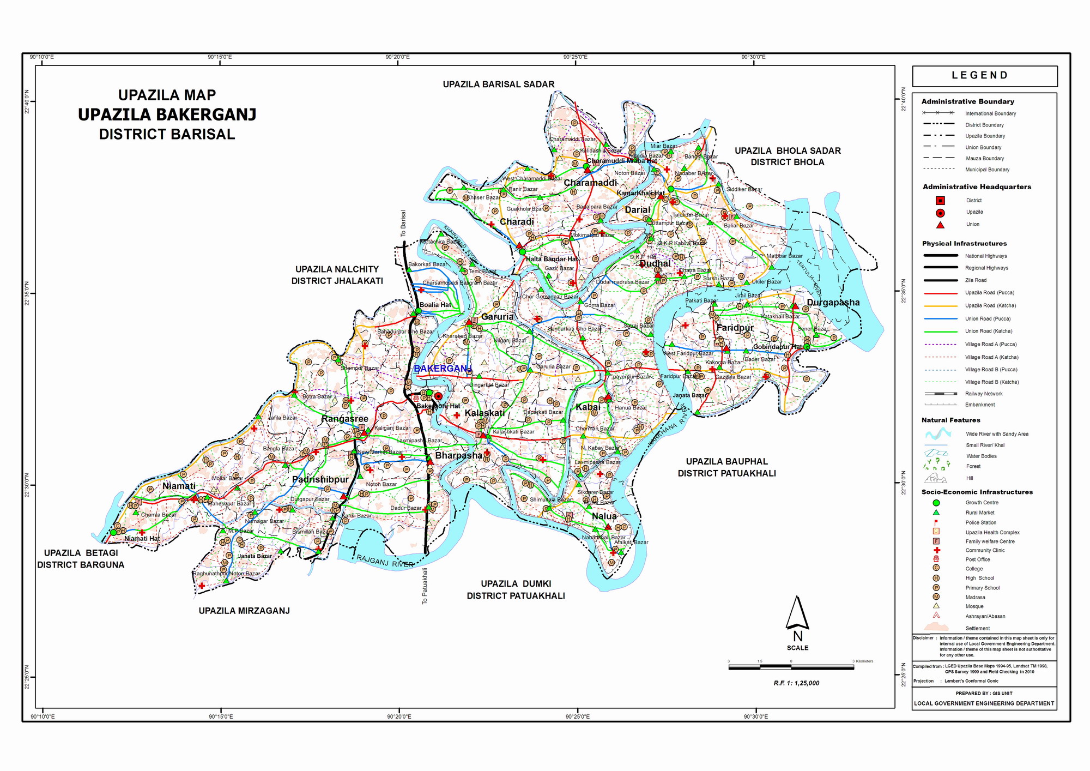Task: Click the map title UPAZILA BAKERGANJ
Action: coord(167,115)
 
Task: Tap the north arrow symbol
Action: coord(797,613)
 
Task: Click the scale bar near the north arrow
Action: coord(791,667)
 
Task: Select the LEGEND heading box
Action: coord(984,76)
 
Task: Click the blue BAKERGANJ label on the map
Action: coord(442,369)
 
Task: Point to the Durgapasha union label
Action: coord(833,303)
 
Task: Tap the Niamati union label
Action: coord(179,486)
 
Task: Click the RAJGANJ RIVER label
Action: coord(385,561)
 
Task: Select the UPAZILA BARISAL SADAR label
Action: coord(498,85)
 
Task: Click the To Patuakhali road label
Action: coord(425,586)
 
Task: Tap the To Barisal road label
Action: coord(403,224)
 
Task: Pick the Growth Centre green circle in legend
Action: coord(936,503)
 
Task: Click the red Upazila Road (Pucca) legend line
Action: coord(940,293)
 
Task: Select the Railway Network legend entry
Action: coord(940,394)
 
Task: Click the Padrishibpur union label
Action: coord(320,479)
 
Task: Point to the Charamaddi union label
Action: coord(590,183)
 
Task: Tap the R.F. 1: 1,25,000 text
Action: coord(796,683)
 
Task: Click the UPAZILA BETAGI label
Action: coord(81,553)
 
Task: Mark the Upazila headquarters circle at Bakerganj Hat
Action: coord(438,396)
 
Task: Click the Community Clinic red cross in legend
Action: coord(936,550)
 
